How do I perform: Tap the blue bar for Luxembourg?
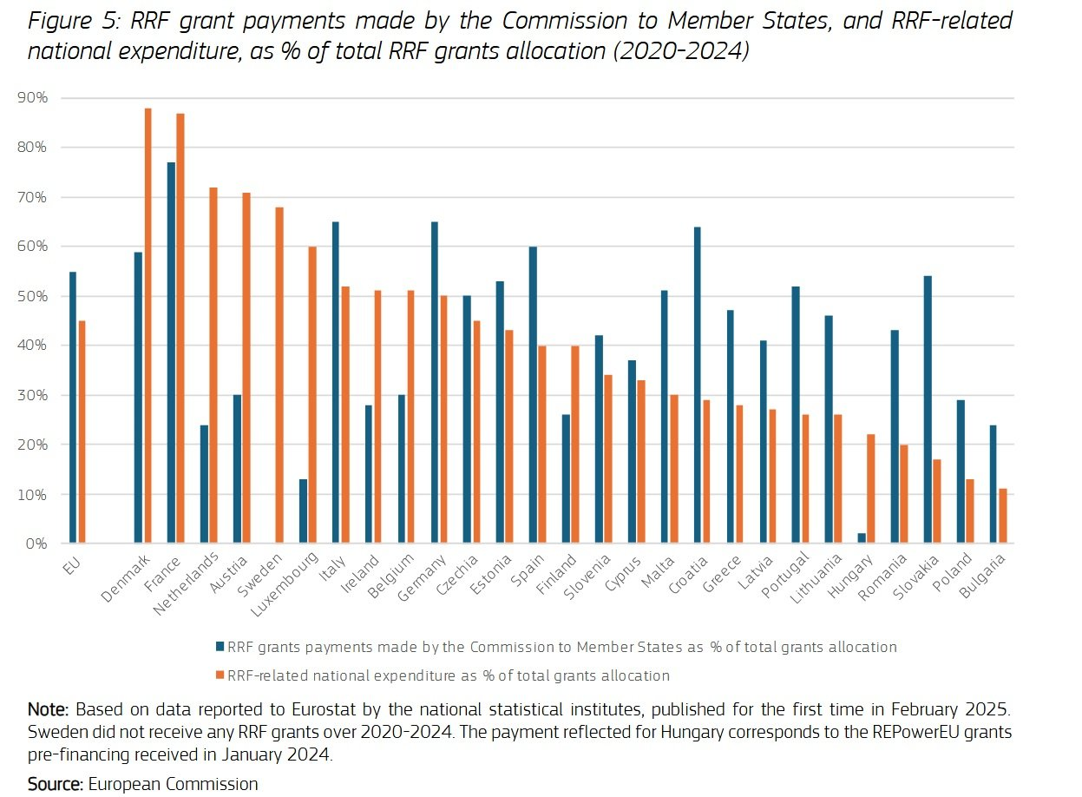click(x=303, y=511)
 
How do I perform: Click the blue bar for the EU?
click(x=73, y=407)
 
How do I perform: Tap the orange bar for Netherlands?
click(x=213, y=365)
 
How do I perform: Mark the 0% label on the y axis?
click(x=36, y=544)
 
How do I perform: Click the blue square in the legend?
click(x=220, y=647)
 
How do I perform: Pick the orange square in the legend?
click(x=220, y=675)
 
